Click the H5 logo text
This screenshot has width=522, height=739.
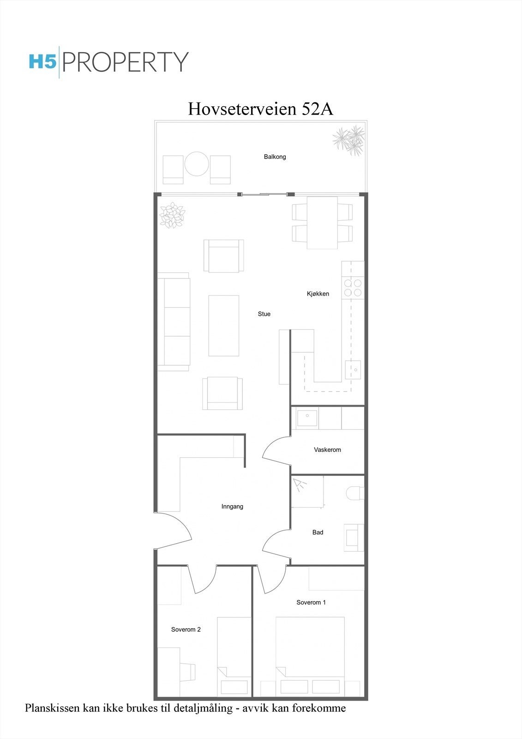(42, 61)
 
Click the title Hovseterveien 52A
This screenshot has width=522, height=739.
(260, 109)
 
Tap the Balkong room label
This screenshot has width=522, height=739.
(275, 157)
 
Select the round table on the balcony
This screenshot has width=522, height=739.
(197, 164)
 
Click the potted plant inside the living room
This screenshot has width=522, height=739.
(172, 215)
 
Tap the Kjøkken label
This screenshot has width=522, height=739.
(318, 294)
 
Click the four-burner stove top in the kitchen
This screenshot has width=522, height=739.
(353, 288)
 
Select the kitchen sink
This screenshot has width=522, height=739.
(354, 369)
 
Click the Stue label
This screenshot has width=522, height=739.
(264, 314)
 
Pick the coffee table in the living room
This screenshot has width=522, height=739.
(224, 326)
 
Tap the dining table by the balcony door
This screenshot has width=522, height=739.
(322, 223)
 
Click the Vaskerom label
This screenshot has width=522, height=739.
(327, 450)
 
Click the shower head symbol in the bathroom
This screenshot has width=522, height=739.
(300, 485)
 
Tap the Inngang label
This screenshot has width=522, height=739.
(232, 507)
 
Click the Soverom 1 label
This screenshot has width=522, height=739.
(311, 602)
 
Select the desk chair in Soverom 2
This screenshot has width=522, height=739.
(188, 672)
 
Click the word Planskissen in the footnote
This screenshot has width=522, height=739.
(51, 708)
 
